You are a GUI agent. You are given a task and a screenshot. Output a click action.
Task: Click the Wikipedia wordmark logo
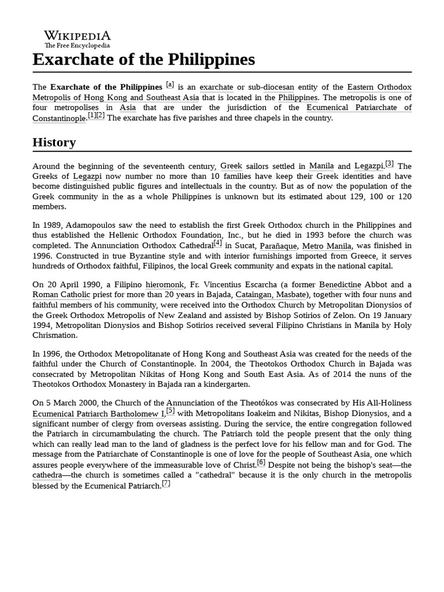pos(77,35)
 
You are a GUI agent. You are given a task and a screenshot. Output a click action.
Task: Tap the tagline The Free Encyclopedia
pos(77,46)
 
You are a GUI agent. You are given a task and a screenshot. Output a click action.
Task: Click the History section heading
pos(54,142)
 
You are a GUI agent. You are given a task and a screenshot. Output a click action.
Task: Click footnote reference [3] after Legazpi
pos(389,164)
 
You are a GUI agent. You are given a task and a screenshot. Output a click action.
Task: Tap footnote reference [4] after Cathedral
pos(217,243)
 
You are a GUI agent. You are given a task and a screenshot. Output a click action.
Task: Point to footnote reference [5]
pos(171,412)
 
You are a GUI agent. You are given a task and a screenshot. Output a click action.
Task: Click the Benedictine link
pos(343,285)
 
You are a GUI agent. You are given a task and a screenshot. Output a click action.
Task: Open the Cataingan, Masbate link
pos(270,295)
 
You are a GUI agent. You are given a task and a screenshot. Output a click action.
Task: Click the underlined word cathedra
pos(47,475)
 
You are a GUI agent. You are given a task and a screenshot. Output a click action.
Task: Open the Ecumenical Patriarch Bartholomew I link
pos(98,414)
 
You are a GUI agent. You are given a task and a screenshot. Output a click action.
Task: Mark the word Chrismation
pos(55,335)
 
